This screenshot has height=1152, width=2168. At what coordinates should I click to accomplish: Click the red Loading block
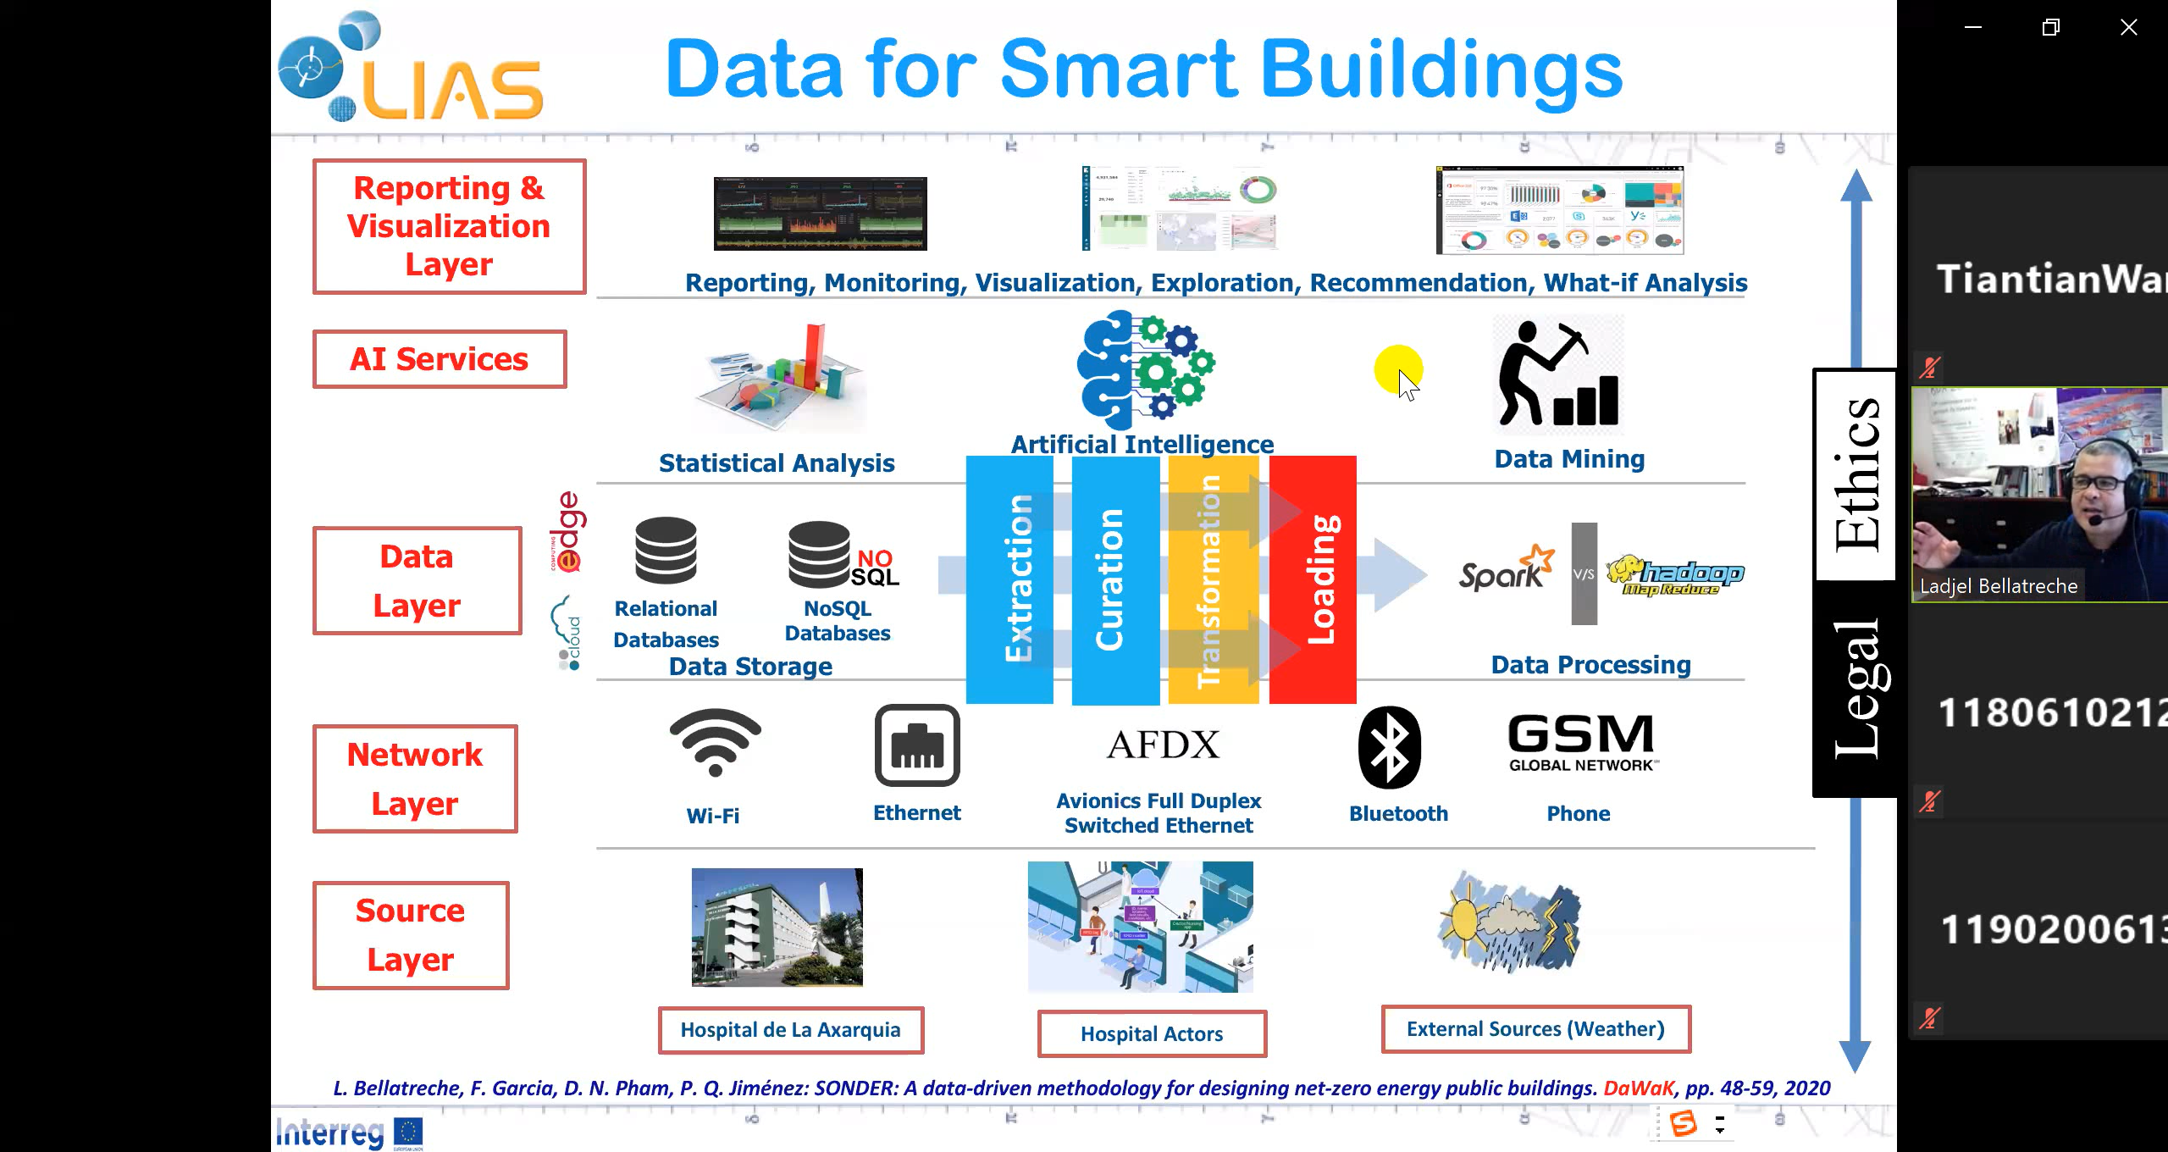[1313, 579]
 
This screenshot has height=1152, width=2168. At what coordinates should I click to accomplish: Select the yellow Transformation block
[1213, 579]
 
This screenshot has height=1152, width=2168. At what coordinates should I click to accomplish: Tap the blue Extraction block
[1009, 579]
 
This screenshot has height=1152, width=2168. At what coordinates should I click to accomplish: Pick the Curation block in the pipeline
[1114, 579]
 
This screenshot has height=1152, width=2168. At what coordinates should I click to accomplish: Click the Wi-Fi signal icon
[716, 742]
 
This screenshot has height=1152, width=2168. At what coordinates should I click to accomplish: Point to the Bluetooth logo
[1390, 747]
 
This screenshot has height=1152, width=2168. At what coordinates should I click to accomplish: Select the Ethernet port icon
[917, 745]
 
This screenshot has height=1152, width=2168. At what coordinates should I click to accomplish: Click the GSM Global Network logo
[1581, 742]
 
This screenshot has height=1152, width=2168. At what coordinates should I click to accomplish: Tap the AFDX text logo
[1164, 745]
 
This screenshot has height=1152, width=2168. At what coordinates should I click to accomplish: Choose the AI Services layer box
[440, 359]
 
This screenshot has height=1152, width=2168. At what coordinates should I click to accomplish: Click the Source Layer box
[411, 935]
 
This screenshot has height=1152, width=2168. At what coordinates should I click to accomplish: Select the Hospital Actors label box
[1152, 1033]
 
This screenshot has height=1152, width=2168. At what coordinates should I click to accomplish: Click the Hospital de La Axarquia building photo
[777, 927]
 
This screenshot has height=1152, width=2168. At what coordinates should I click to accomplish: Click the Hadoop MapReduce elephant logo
[1675, 575]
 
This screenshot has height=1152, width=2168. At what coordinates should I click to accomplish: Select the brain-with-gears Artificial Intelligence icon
[1144, 369]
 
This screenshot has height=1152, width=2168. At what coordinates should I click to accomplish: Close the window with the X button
[2128, 27]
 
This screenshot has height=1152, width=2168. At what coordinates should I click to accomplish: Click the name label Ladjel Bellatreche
[1999, 586]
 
